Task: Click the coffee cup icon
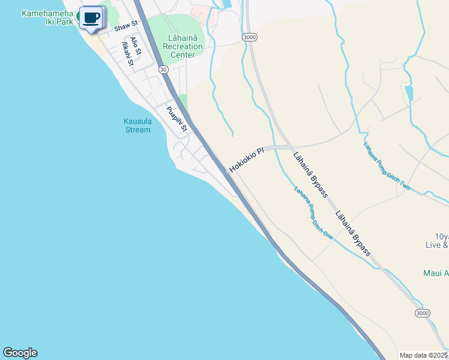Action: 91,18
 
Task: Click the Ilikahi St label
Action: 127,54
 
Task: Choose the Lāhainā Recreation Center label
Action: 182,47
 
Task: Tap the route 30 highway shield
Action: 163,70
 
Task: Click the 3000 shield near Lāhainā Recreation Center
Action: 250,37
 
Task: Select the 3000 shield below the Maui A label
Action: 423,314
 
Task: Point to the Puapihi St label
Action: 177,119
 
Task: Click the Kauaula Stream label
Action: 138,125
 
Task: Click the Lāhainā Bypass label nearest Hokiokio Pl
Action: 310,175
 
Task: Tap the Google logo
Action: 20,353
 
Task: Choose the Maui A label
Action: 436,274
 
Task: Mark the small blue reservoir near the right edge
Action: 409,93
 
